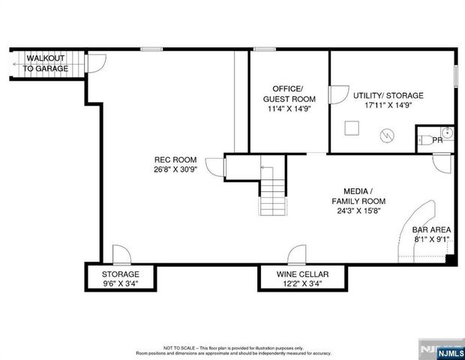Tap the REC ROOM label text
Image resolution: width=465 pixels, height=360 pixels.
pos(175,159)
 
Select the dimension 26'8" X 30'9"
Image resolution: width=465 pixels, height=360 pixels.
pos(175,169)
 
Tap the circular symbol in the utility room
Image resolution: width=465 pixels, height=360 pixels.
pos(386,136)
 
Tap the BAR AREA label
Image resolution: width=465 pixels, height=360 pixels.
pos(430,231)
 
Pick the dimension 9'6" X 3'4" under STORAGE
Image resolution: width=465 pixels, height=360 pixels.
pos(120,284)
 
